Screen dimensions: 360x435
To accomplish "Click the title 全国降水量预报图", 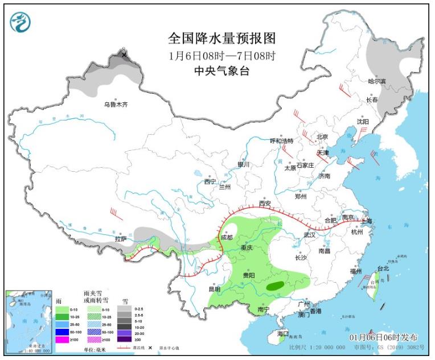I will [221, 39].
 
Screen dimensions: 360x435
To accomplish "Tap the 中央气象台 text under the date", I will [221, 71].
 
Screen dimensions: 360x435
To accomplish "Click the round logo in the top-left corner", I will [20, 22].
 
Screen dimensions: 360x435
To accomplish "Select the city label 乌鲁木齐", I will [116, 104].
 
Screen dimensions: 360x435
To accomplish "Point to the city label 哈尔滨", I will [376, 82].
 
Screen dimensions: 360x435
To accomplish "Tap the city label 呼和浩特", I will [281, 141].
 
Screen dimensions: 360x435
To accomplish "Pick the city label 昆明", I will [214, 289].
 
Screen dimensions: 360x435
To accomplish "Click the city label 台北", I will [383, 268].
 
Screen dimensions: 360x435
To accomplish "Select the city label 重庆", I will [247, 248].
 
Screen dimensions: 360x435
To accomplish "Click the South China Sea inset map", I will [29, 321].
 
